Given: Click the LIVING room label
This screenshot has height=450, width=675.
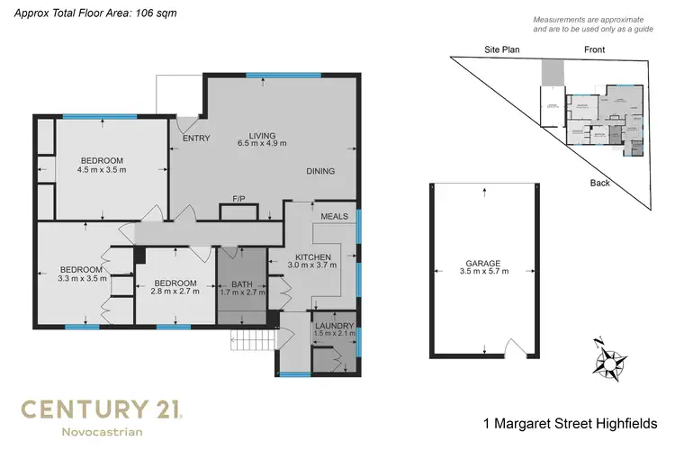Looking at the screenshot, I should tap(262, 134).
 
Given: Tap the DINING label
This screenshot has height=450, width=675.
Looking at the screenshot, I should tap(320, 171).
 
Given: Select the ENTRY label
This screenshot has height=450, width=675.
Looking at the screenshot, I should tap(196, 139).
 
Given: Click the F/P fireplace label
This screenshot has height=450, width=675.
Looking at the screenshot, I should tap(239, 198).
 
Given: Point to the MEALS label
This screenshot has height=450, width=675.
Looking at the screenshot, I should tap(334, 217).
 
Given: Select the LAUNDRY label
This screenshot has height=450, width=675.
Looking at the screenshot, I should tap(335, 326).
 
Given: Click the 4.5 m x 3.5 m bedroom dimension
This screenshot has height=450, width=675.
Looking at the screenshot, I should tap(102, 169).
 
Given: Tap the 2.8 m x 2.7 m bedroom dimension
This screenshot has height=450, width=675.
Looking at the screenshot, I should tap(175, 290).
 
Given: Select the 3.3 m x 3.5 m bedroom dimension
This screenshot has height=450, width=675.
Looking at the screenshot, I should tap(84, 278).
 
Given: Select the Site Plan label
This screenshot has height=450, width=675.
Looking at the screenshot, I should tap(503, 50).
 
